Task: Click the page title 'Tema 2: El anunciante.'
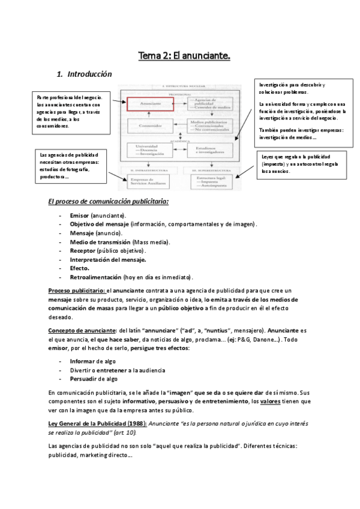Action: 184,56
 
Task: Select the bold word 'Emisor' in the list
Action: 79,215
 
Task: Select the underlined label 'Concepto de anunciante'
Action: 82,331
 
